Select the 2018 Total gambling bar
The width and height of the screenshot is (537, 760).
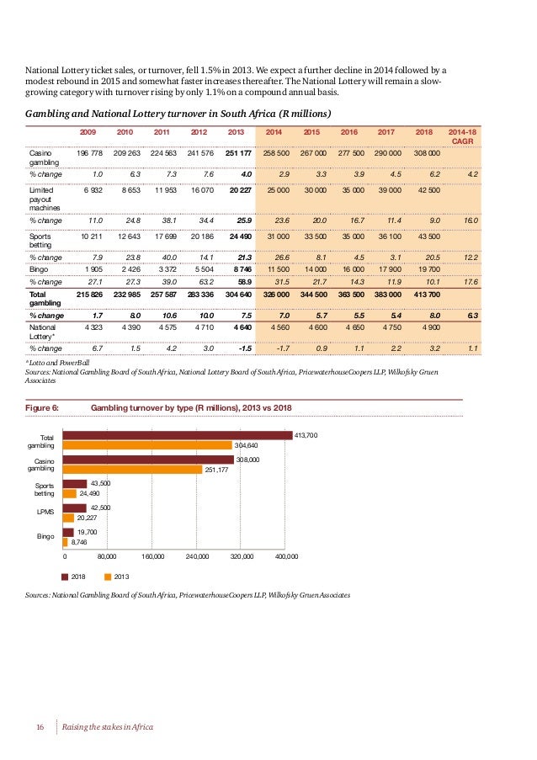click(178, 434)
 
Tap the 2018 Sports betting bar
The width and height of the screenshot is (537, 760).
click(76, 484)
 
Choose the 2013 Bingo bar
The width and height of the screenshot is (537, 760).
click(67, 542)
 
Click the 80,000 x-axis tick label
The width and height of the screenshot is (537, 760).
click(108, 557)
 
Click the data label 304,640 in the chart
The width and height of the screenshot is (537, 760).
click(246, 445)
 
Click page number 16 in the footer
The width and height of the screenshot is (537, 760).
click(39, 726)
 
